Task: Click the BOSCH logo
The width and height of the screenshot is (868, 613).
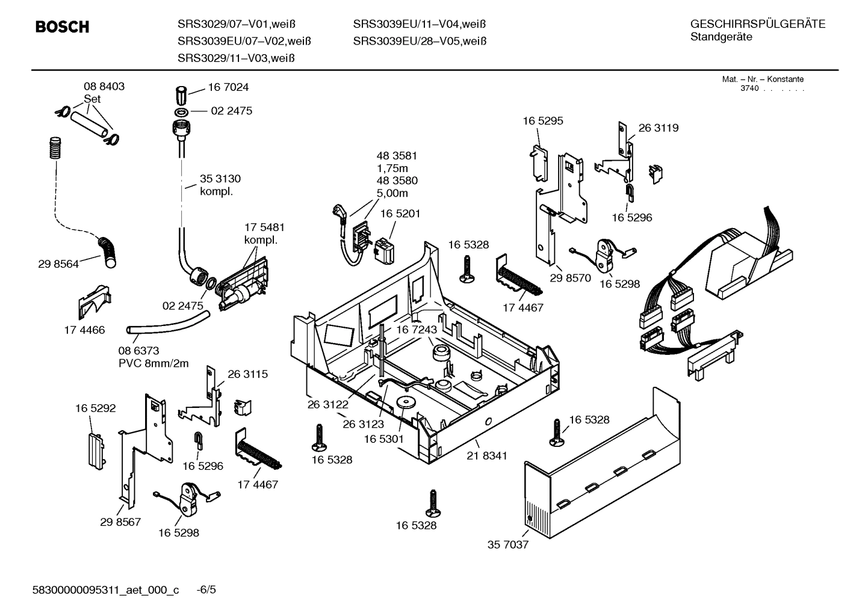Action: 62,27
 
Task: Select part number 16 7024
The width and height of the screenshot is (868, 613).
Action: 228,87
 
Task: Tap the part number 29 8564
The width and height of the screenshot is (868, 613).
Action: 58,263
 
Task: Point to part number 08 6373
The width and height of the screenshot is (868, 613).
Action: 138,350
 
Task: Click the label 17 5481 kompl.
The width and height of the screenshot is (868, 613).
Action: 264,233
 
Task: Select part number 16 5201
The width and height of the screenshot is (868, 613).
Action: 400,214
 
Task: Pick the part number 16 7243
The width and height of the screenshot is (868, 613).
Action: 416,330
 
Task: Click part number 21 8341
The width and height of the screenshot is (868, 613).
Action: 486,455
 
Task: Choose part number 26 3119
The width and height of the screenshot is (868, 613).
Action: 658,128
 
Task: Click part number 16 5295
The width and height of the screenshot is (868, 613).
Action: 542,121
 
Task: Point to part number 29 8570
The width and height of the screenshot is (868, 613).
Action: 571,278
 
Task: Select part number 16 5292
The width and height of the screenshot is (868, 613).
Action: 95,408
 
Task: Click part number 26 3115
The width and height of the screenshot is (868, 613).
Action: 247,374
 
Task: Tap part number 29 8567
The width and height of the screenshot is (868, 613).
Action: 120,522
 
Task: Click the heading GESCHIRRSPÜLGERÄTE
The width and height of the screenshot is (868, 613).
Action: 757,24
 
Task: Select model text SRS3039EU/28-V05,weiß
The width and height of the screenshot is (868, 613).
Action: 420,41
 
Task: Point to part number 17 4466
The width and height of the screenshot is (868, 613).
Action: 84,330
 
